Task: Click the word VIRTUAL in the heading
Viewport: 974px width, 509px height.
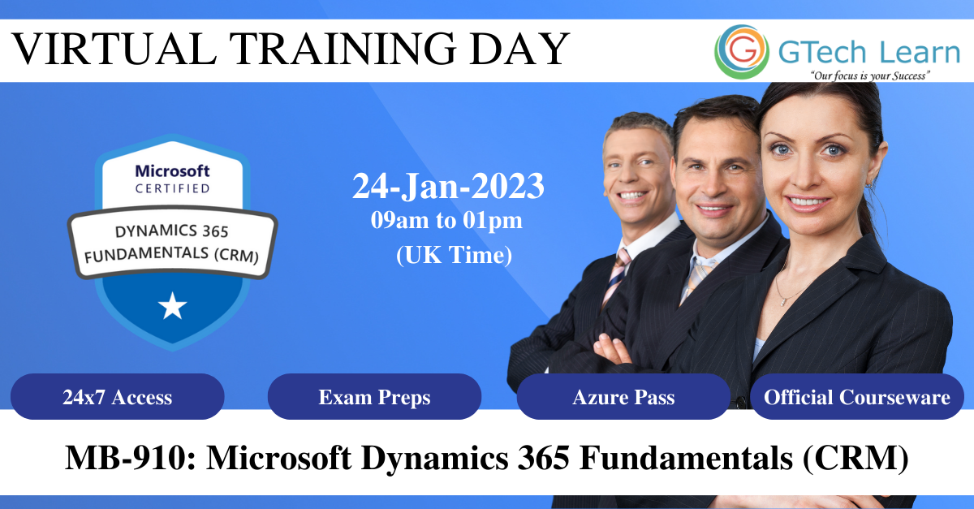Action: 114,48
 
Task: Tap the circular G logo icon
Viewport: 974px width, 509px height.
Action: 742,52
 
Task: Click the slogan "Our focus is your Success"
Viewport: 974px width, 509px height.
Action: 870,75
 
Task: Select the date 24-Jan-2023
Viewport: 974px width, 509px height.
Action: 448,186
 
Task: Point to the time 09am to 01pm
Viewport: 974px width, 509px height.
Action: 446,220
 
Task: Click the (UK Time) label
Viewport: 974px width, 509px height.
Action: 454,255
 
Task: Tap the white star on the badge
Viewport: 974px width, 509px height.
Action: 173,306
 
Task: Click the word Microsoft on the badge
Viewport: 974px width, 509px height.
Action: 173,171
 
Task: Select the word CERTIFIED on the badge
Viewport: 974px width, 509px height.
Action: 173,188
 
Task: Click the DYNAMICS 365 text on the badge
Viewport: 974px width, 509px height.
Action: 172,231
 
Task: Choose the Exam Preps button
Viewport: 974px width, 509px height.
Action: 374,396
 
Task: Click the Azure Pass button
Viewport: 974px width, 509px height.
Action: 623,396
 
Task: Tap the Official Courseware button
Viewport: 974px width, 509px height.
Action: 857,396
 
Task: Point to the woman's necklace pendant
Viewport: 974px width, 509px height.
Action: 782,301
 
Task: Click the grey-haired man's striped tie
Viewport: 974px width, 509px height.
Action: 616,276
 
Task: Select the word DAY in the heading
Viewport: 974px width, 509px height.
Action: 520,48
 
